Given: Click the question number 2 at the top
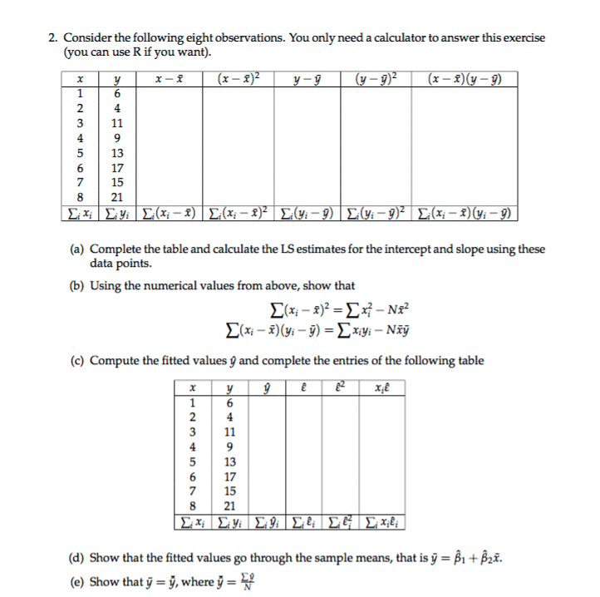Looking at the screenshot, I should [x=52, y=37].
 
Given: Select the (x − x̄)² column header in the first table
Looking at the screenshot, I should [x=237, y=80].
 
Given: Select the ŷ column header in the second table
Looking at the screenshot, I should [x=267, y=388].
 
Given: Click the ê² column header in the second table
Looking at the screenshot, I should [x=341, y=388].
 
